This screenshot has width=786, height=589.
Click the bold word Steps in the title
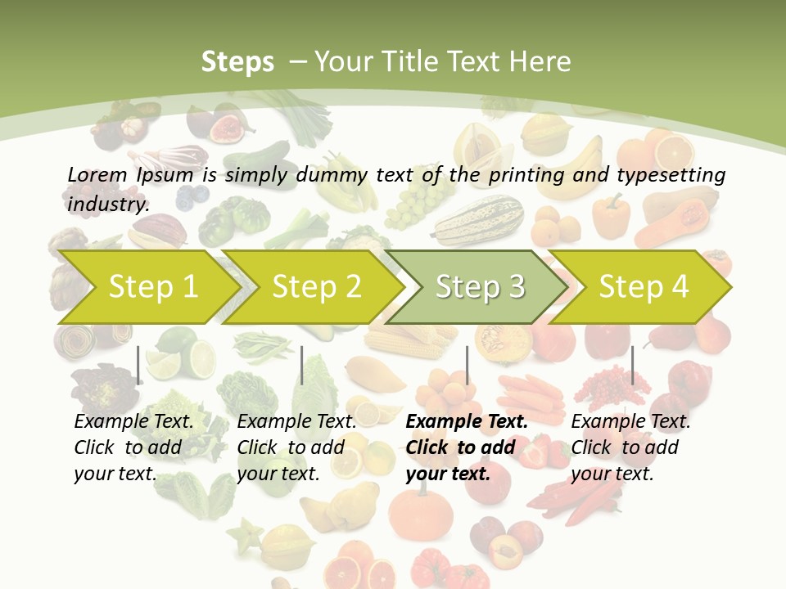[x=237, y=62]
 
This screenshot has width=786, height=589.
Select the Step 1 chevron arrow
[x=147, y=286]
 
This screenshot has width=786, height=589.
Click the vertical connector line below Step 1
[x=138, y=365]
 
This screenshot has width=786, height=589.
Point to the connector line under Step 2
[x=302, y=365]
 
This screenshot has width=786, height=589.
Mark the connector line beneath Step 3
[x=468, y=365]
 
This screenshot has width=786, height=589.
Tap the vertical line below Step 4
[x=632, y=365]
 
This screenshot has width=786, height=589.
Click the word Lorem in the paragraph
[x=97, y=174]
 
